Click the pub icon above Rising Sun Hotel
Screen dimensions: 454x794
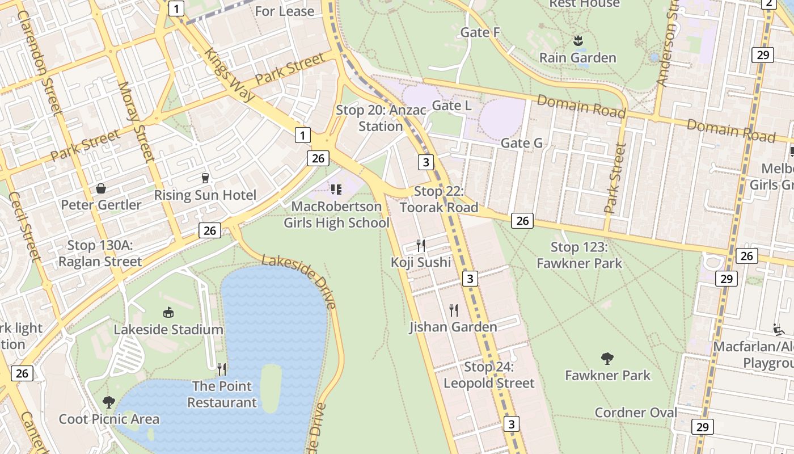205,178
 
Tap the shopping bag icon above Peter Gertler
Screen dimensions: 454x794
101,188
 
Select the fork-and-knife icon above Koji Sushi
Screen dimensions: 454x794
421,245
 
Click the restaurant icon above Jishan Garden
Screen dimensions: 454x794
454,310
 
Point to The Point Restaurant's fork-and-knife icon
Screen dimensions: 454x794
222,369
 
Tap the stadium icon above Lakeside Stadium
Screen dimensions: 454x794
168,312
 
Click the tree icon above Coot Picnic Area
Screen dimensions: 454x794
109,402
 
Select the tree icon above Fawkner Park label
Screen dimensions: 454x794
607,358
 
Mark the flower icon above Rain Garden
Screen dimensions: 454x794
577,41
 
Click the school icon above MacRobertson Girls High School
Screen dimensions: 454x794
336,189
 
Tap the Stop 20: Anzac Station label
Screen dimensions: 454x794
381,118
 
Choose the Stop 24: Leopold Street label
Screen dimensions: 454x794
489,375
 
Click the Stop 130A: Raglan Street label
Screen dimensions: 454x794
100,254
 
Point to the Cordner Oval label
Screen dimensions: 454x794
636,413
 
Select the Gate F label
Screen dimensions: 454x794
480,32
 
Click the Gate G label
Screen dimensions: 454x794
521,143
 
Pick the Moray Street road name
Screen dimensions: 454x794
136,121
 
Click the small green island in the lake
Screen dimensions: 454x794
271,388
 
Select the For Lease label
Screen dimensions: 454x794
284,11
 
